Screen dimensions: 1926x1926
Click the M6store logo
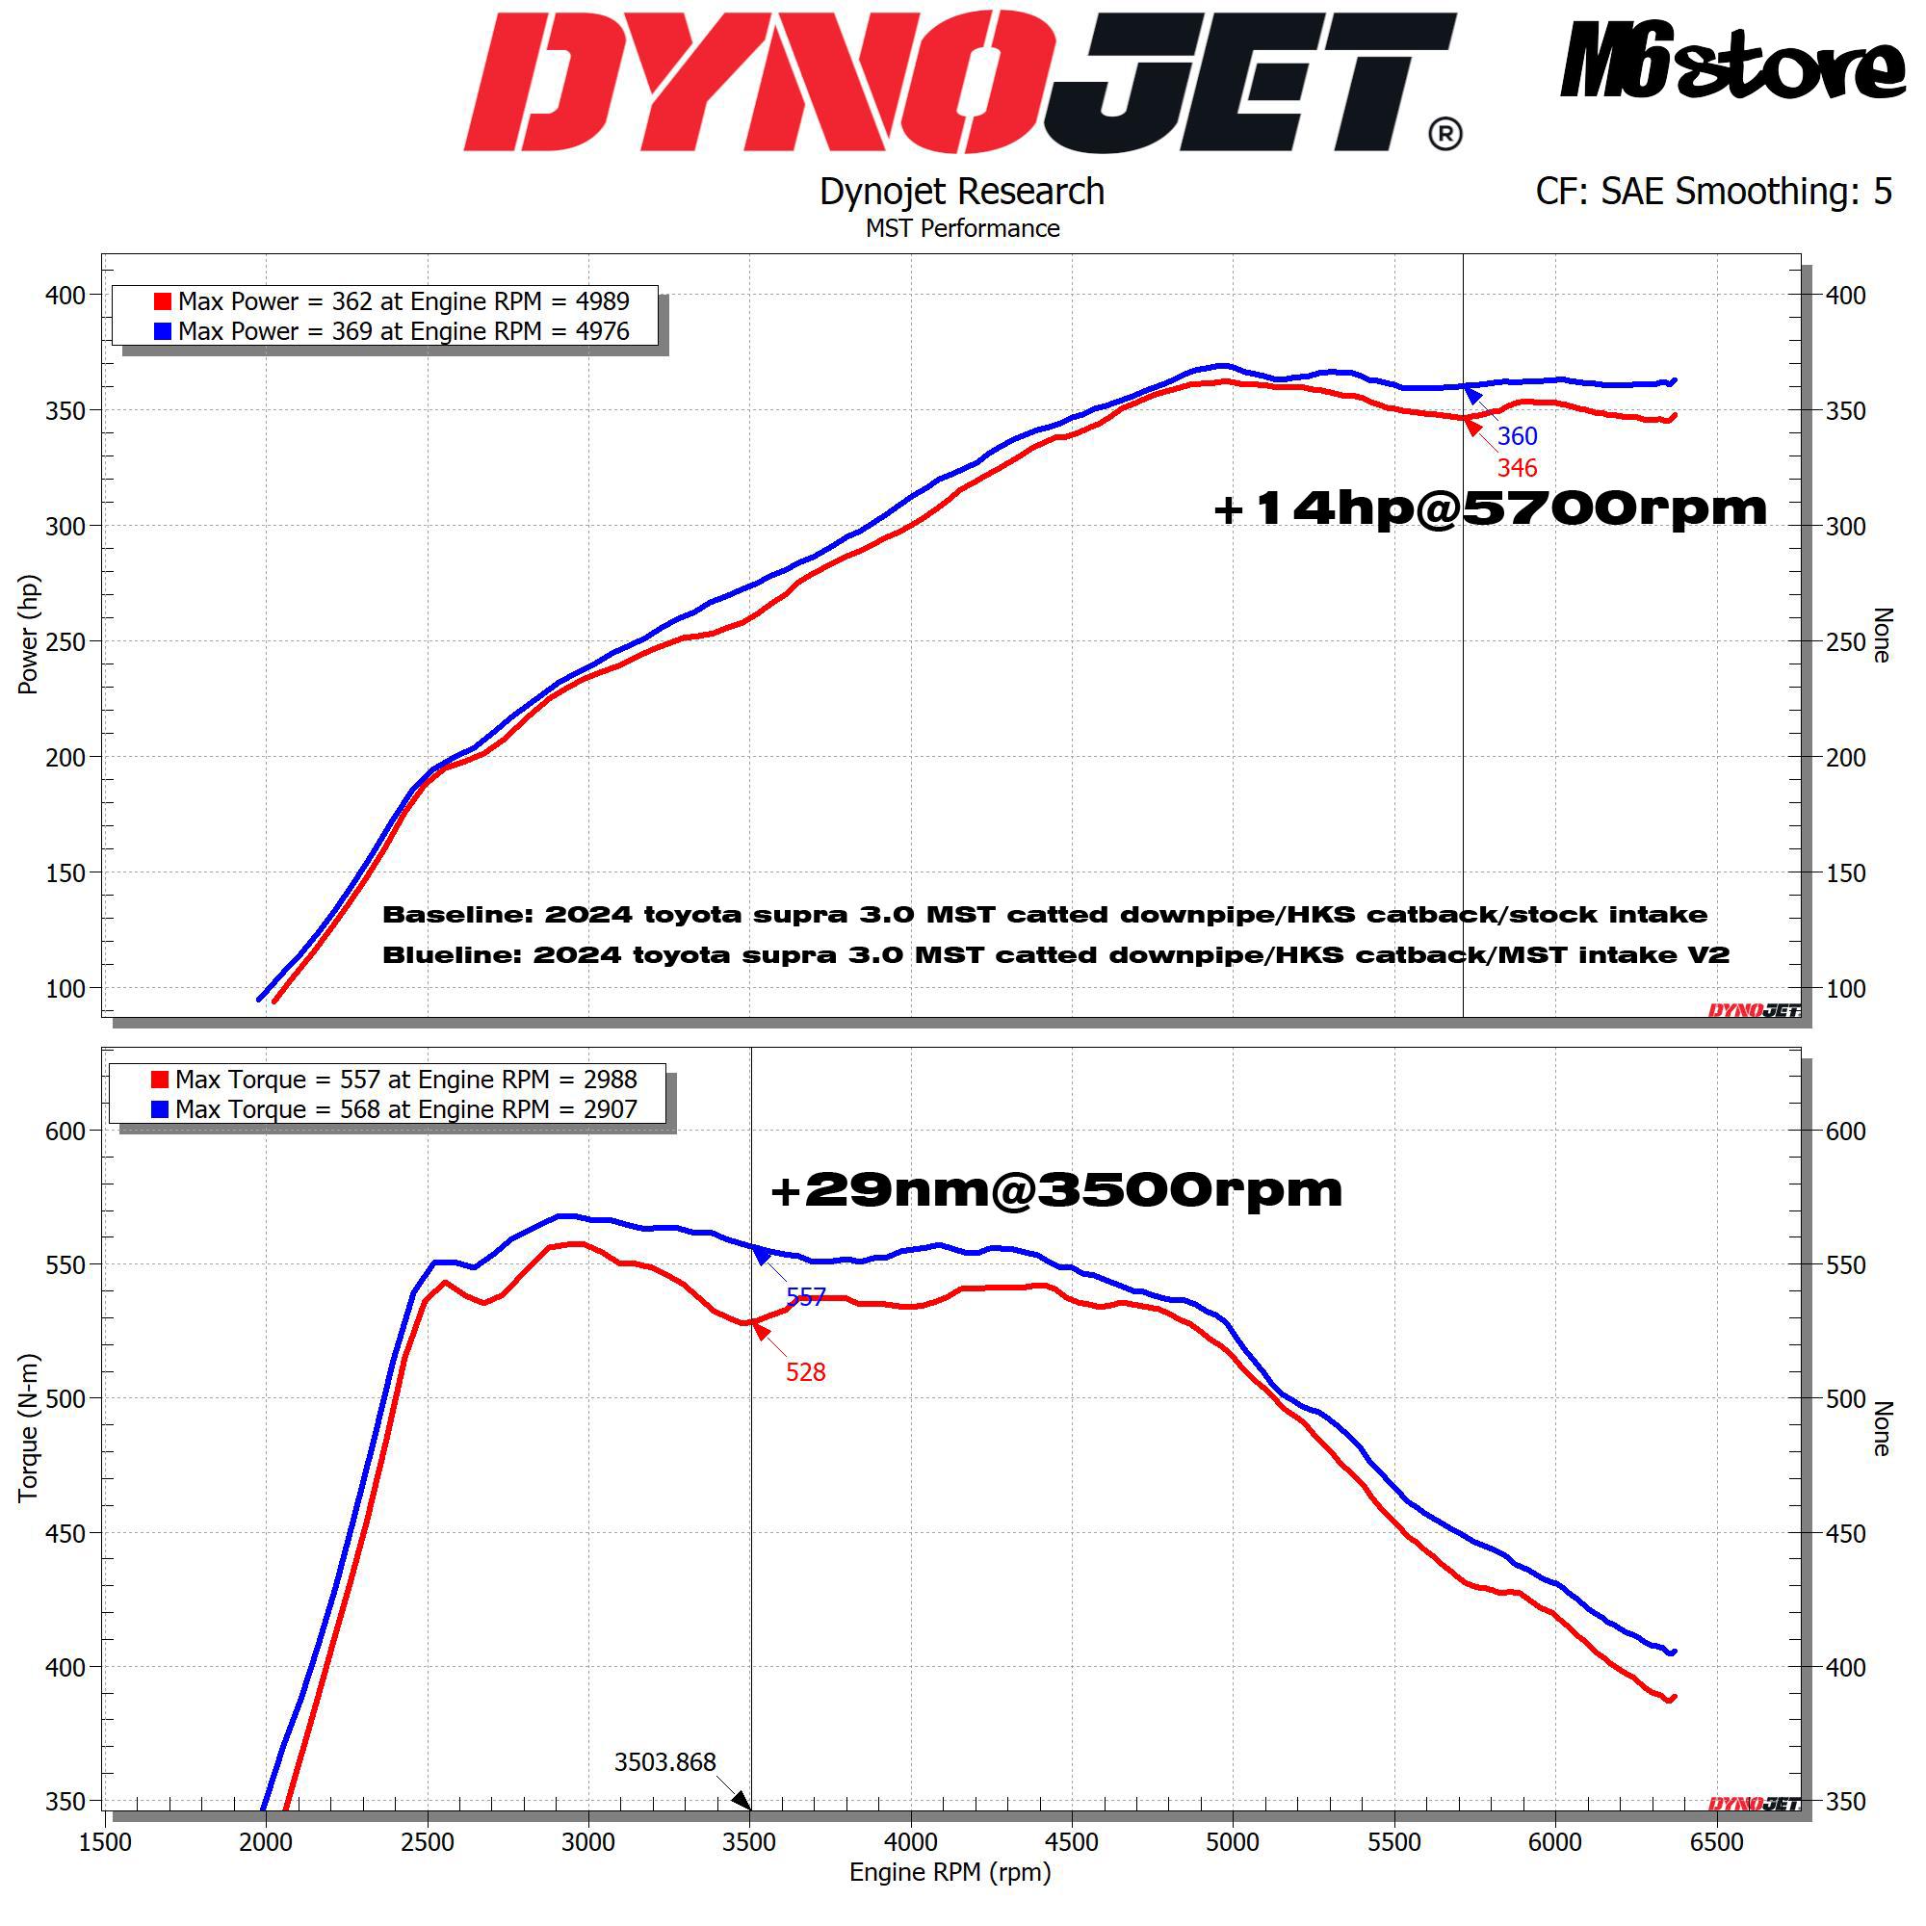coord(1733,61)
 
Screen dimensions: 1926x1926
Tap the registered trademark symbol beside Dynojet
coord(1445,134)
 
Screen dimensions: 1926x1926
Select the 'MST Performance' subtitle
coord(962,228)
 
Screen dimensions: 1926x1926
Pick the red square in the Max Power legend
coord(163,301)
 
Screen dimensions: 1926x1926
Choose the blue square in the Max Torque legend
coord(160,1108)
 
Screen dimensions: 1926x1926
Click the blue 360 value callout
coord(1518,435)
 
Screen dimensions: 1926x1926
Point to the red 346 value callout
coord(1518,468)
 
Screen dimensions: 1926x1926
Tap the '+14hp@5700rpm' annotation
coord(1491,508)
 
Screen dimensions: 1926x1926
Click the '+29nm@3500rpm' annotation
coord(1056,1189)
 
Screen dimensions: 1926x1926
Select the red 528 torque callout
coord(805,1371)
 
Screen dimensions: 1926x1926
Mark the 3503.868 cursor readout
coord(664,1761)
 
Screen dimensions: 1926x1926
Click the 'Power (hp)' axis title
coord(28,634)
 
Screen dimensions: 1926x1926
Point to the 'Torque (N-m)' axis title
coord(28,1427)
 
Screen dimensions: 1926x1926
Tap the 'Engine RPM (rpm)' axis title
coord(950,1871)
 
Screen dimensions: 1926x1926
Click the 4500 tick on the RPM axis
coord(1071,1841)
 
